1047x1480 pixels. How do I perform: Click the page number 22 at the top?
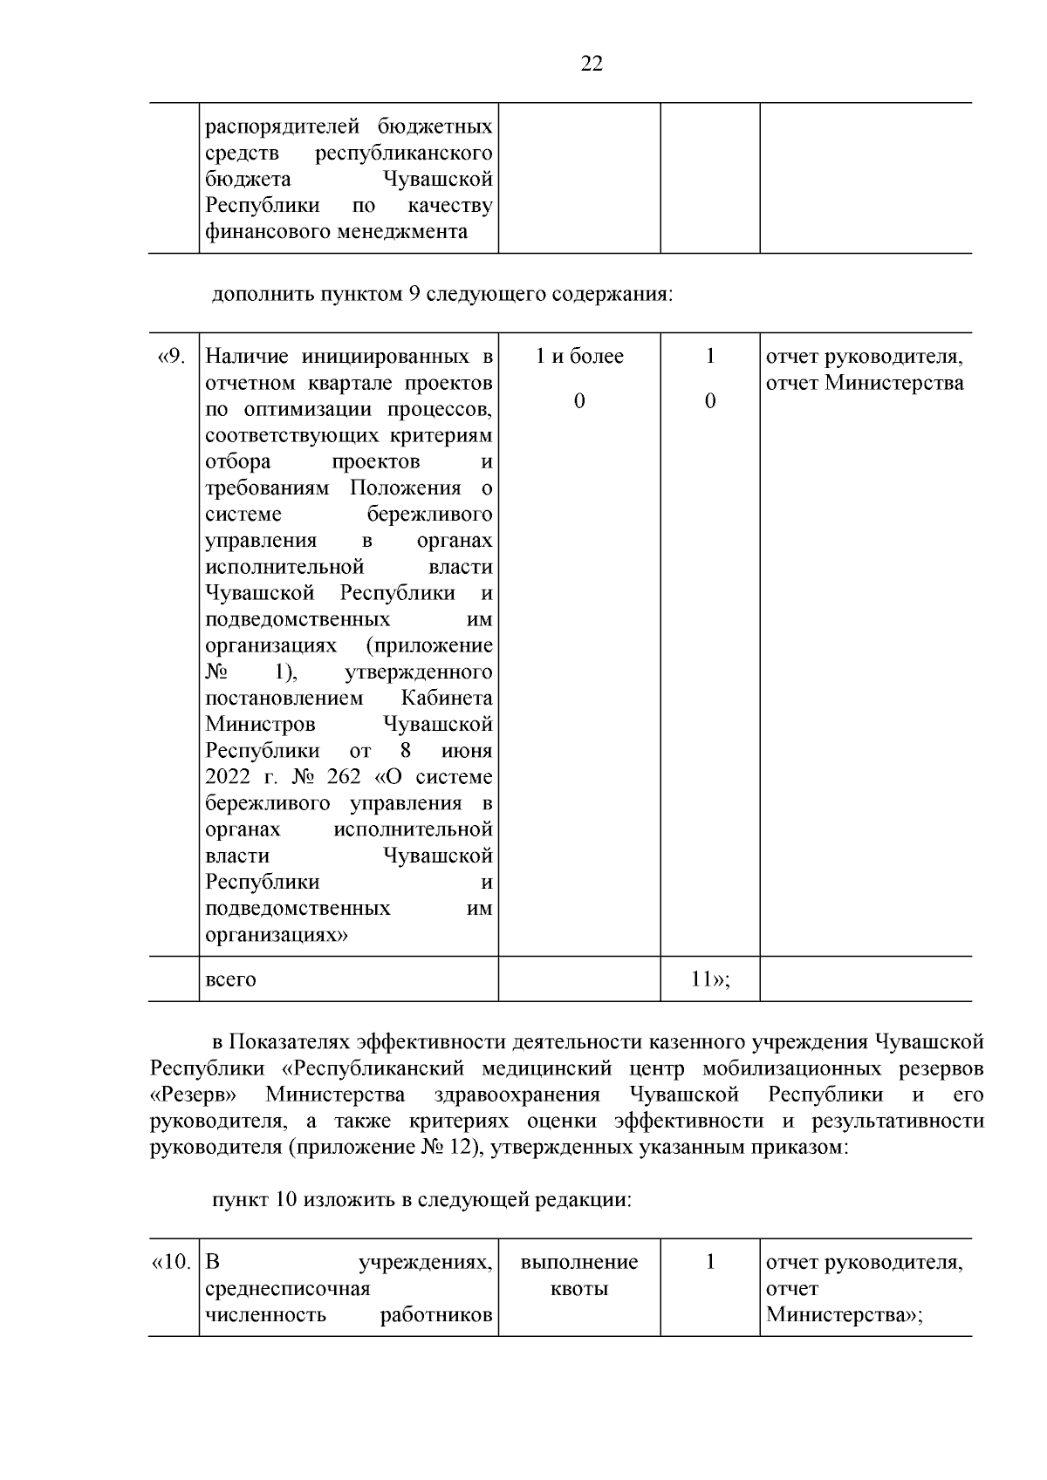coord(591,65)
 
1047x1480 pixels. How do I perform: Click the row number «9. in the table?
coord(171,358)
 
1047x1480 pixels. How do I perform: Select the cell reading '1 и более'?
coord(579,357)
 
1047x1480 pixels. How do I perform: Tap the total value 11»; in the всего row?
coord(710,979)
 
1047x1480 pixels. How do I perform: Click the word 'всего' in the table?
coord(230,979)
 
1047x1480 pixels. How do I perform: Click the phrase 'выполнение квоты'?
coord(579,1275)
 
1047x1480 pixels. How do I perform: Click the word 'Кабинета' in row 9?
coord(447,699)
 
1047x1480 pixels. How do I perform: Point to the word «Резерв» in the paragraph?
coord(195,1095)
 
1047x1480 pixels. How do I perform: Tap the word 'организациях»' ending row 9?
coord(276,935)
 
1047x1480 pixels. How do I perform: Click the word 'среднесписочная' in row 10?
coord(287,1289)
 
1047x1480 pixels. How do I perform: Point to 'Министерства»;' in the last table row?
coord(844,1315)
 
